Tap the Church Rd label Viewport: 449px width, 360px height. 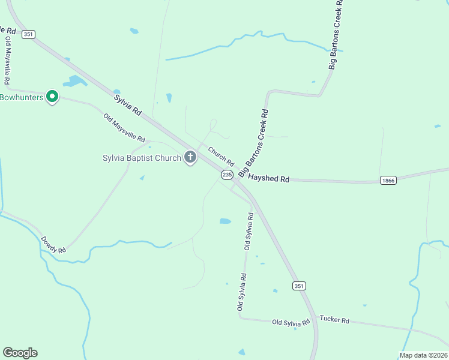click(221, 155)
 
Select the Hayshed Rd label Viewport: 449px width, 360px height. click(269, 179)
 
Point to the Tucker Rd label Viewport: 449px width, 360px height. click(334, 320)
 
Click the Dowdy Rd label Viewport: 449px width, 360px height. click(53, 244)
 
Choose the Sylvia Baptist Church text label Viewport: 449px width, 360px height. click(142, 158)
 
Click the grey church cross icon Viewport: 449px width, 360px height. click(190, 158)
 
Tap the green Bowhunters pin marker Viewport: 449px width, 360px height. click(52, 95)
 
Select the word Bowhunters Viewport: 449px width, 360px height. click(22, 97)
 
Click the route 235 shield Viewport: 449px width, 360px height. click(227, 175)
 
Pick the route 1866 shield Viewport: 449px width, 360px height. click(388, 180)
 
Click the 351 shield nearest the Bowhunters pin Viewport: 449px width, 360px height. click(28, 34)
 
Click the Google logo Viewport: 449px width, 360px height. click(20, 353)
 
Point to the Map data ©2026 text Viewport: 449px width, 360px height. click(423, 355)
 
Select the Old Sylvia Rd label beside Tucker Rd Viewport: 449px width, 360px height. click(291, 322)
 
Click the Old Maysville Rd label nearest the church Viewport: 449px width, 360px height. click(124, 128)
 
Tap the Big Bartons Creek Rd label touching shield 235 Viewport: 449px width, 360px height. click(252, 143)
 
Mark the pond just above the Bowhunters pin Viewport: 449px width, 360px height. click(76, 81)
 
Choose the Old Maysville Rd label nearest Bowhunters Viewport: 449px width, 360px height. click(7, 60)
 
